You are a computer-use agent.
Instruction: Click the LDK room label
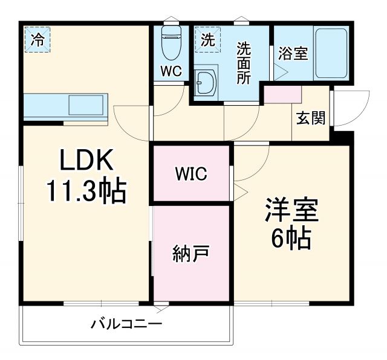(x=86, y=161)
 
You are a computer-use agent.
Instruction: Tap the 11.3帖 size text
(x=86, y=192)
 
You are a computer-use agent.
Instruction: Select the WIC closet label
(x=191, y=174)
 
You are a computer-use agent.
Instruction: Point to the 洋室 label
(x=291, y=211)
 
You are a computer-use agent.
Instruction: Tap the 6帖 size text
(x=291, y=240)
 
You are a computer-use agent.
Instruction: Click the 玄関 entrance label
(x=311, y=118)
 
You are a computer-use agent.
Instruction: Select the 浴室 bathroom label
(x=293, y=53)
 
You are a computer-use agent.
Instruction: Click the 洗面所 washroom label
(x=244, y=63)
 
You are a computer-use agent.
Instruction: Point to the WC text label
(x=171, y=71)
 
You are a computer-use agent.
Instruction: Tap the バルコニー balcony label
(x=126, y=324)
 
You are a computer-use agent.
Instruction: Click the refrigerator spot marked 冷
(x=37, y=40)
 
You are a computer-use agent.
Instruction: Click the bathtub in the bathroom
(x=330, y=53)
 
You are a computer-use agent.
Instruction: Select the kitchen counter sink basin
(x=85, y=106)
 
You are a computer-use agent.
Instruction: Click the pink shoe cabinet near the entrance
(x=282, y=94)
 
